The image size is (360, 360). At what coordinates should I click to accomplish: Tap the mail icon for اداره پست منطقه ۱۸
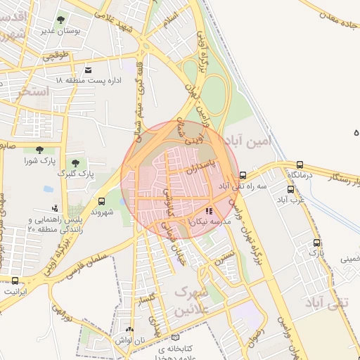click(x=88, y=70)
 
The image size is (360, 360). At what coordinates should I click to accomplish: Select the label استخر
click(x=36, y=91)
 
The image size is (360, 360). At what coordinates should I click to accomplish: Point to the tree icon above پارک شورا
click(x=39, y=149)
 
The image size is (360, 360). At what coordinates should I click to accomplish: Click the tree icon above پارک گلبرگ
click(x=75, y=163)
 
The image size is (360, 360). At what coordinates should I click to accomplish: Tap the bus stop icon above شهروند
click(x=102, y=200)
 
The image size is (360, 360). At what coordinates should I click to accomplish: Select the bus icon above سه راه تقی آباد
click(x=243, y=175)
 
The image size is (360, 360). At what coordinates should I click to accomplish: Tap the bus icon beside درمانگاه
click(x=301, y=165)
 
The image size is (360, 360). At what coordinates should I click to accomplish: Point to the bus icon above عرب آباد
click(x=291, y=188)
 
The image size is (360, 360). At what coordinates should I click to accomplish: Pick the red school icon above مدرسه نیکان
click(x=208, y=211)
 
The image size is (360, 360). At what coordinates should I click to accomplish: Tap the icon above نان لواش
click(x=129, y=329)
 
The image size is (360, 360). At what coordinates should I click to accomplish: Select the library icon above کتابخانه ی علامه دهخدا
click(x=175, y=337)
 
